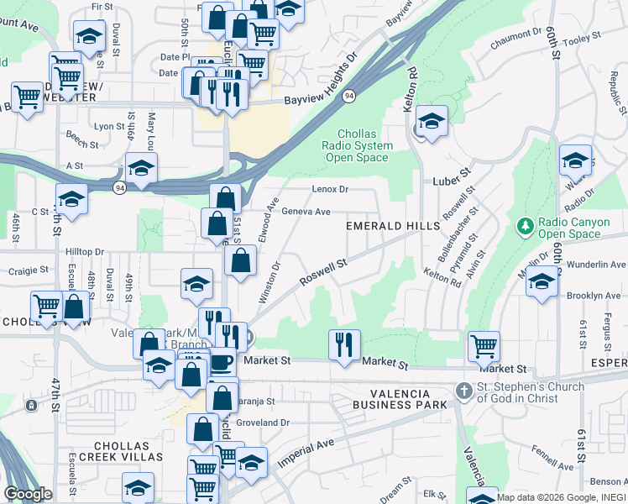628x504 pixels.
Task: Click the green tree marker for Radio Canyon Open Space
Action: pyautogui.click(x=525, y=226)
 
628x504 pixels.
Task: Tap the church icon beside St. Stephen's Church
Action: pyautogui.click(x=463, y=391)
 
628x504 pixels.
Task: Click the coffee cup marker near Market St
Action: pyautogui.click(x=222, y=362)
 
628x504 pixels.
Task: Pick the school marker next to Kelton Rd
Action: pyautogui.click(x=432, y=123)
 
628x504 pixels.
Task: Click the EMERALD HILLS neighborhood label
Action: pyautogui.click(x=394, y=227)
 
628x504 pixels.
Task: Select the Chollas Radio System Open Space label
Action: pyautogui.click(x=364, y=145)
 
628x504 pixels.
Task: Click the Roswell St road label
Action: pyautogui.click(x=324, y=276)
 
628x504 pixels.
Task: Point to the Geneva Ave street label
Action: pyautogui.click(x=306, y=212)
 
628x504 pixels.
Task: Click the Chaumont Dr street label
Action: pyautogui.click(x=514, y=35)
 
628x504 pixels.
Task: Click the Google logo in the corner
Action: pyautogui.click(x=28, y=494)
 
